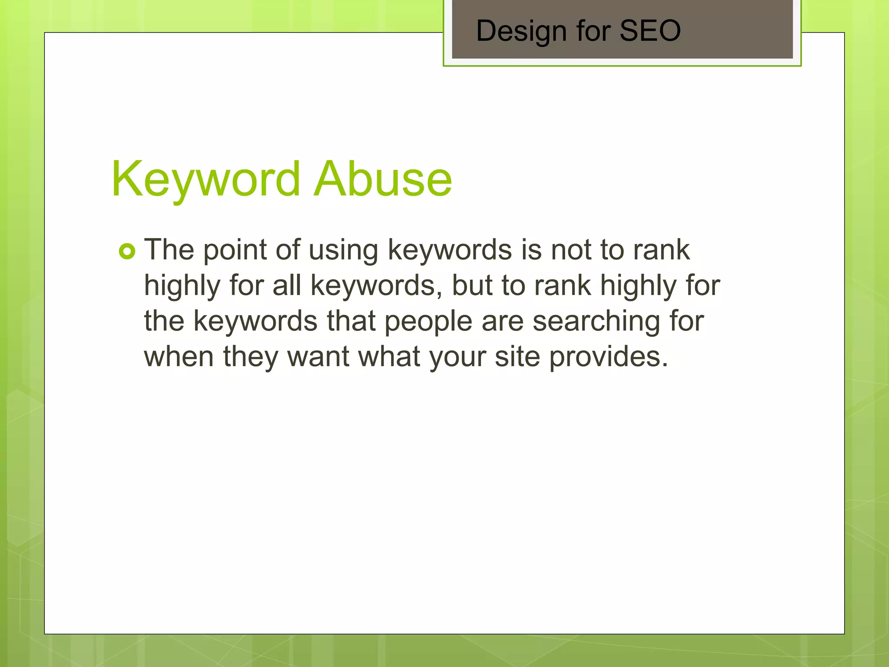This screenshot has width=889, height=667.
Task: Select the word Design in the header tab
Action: [x=521, y=31]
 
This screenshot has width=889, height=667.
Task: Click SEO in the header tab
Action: [x=650, y=31]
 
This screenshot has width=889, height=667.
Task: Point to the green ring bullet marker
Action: [x=127, y=251]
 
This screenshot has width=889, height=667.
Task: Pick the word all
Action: [x=286, y=285]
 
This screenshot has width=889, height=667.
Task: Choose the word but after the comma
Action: [x=472, y=285]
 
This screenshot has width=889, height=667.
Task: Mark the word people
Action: [x=428, y=322]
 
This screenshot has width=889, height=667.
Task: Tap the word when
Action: [x=179, y=357]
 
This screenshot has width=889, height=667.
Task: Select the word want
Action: [x=318, y=357]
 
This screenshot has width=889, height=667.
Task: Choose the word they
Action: [x=250, y=357]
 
